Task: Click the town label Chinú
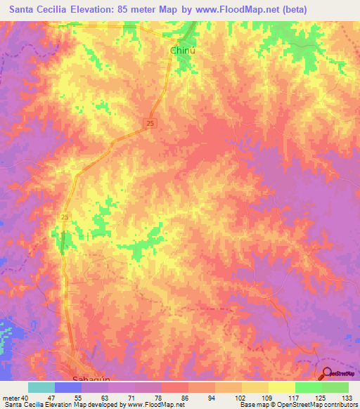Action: click(182, 51)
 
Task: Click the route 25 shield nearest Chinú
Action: click(152, 123)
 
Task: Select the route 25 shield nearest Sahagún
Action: click(65, 217)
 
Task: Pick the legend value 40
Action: click(25, 397)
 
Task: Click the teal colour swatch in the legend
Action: click(41, 387)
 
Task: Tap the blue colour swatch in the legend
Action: click(68, 387)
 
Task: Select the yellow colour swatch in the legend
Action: click(282, 387)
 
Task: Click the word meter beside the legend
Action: click(11, 397)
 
